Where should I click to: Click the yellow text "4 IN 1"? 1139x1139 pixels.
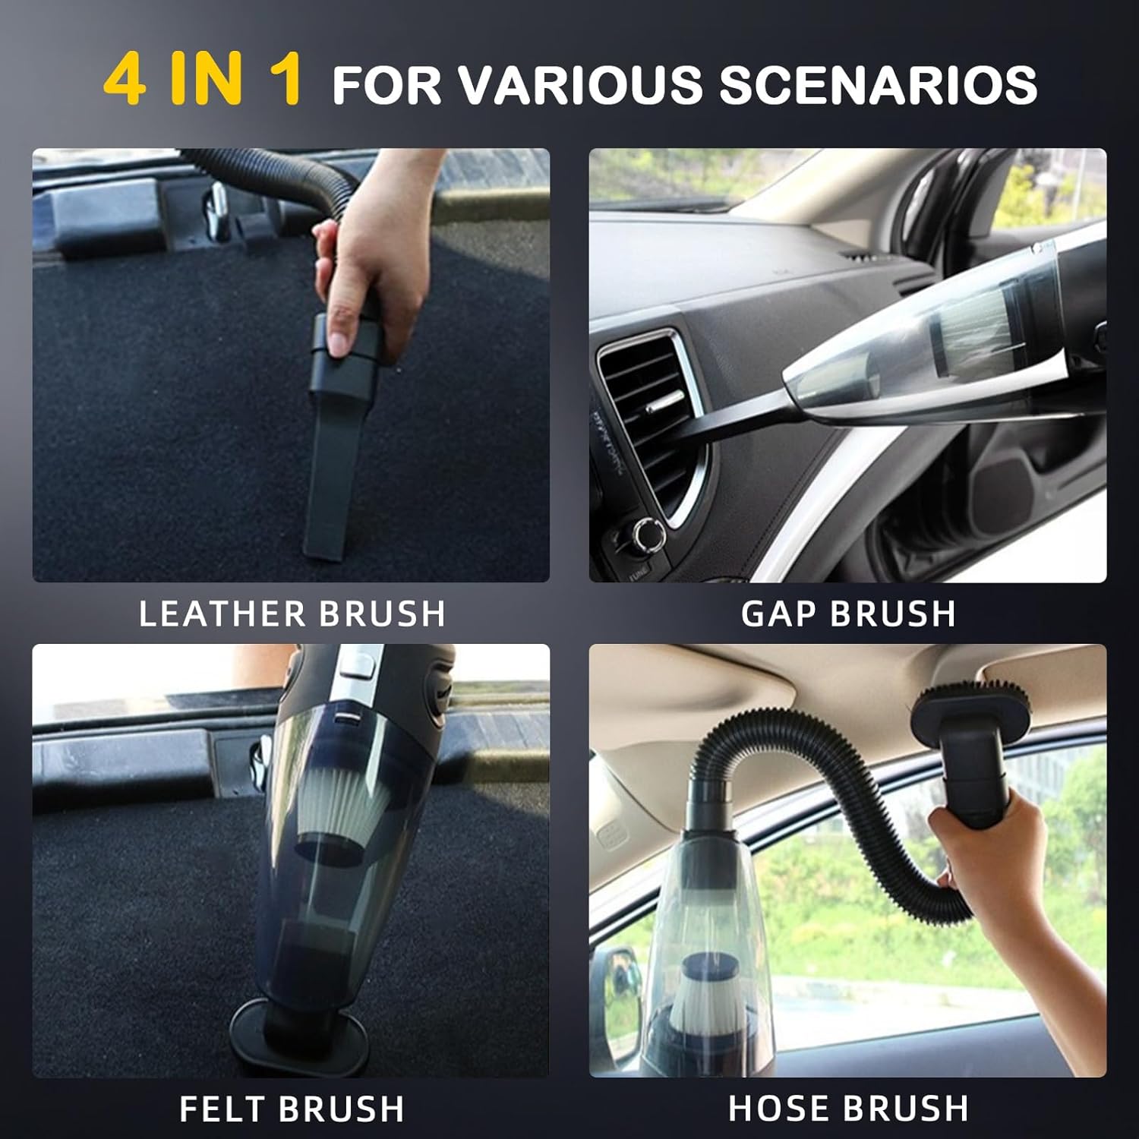tap(203, 80)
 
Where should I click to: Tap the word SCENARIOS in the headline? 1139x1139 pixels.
tap(878, 84)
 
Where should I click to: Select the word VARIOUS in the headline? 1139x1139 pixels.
tap(582, 84)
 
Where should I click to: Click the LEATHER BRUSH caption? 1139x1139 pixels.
tap(292, 614)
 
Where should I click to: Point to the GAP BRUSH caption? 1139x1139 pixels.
tap(848, 614)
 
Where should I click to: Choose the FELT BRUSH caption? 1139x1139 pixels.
tap(292, 1109)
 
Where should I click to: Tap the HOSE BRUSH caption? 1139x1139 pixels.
tap(848, 1109)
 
